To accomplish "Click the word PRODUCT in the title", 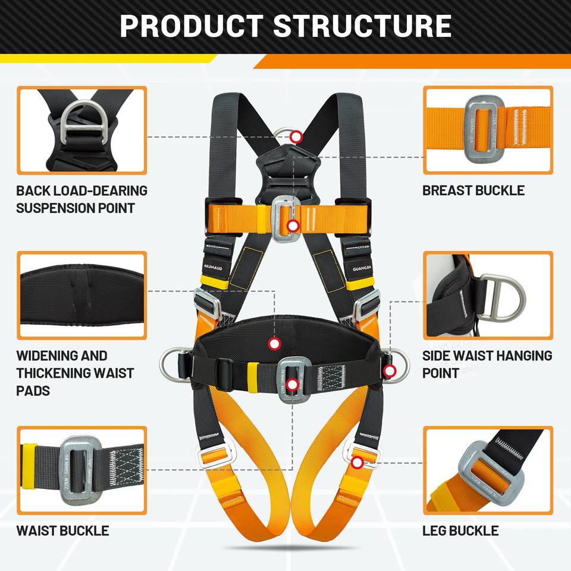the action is click(190, 27).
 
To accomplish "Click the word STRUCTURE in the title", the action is click(362, 27).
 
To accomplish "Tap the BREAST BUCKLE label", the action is click(473, 190).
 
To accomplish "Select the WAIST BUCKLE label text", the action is click(62, 530).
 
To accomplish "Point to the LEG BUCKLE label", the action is click(460, 530).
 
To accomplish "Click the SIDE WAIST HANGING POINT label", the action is click(487, 364).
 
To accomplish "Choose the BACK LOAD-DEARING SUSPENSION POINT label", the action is click(81, 199).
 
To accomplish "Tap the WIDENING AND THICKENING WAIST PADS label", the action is click(75, 373).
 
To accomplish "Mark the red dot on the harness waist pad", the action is click(274, 343).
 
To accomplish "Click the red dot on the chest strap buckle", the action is click(292, 225).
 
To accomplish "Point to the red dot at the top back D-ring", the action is click(296, 137).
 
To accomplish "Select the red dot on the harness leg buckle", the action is click(356, 462).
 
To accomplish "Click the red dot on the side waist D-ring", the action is click(390, 371).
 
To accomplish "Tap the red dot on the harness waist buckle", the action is click(291, 385).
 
